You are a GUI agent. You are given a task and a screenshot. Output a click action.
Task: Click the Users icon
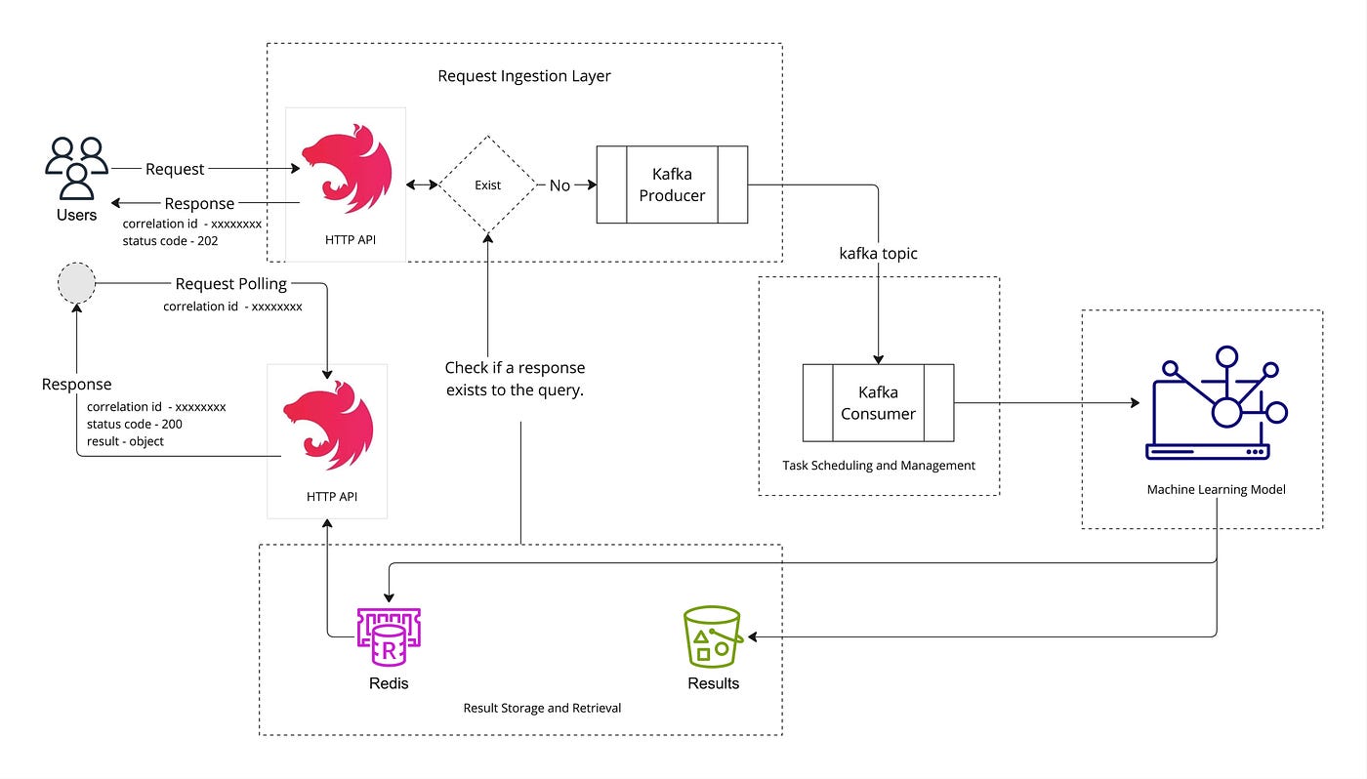[x=76, y=168]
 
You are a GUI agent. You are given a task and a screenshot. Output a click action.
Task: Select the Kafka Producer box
[x=672, y=184]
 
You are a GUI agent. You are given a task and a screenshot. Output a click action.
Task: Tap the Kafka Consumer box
[x=878, y=402]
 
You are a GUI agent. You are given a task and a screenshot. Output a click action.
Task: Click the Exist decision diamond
[x=487, y=184]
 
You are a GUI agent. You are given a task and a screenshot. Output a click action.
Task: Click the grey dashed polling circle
[x=77, y=284]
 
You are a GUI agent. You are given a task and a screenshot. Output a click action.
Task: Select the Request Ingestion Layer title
[x=524, y=76]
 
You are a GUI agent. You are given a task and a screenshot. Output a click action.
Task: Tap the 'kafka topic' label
[x=879, y=253]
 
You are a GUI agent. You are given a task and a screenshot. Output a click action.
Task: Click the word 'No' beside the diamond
[x=559, y=185]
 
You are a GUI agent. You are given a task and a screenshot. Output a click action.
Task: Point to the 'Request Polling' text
[x=231, y=284]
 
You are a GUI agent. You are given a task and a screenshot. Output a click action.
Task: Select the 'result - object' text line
[x=125, y=441]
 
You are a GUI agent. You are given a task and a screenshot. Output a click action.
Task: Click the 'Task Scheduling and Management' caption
[x=879, y=466]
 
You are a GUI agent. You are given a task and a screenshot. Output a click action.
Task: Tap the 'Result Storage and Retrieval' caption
[x=542, y=708]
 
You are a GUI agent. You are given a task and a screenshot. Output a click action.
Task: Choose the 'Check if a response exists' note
[x=515, y=378]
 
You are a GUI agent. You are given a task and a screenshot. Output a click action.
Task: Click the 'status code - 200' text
[x=135, y=424]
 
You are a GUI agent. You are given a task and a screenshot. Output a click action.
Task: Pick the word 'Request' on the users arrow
[x=175, y=169]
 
